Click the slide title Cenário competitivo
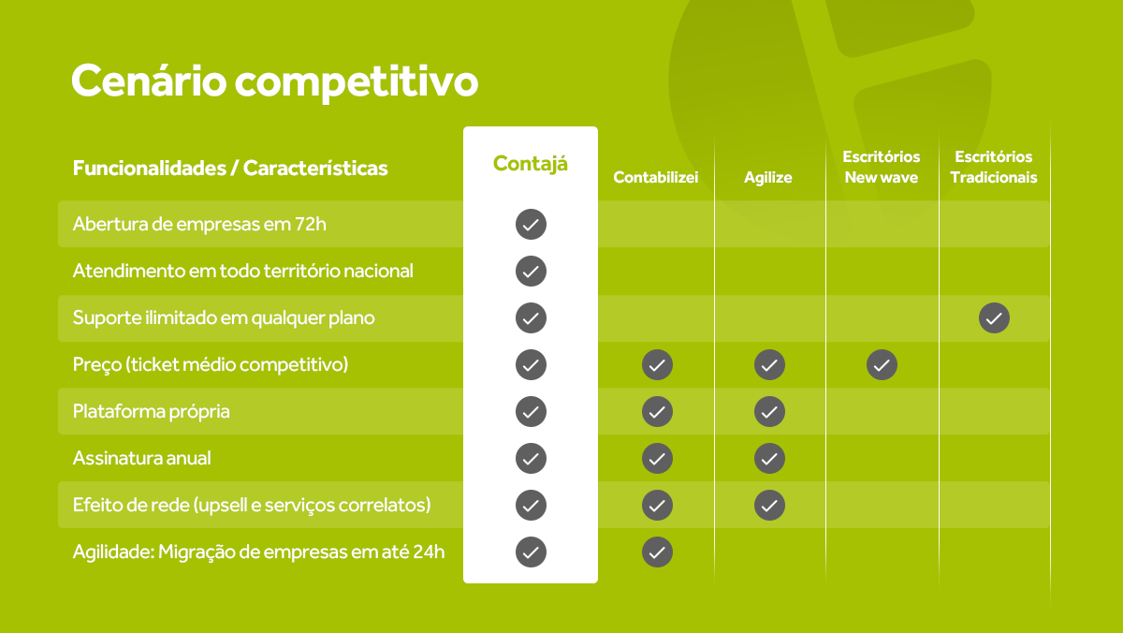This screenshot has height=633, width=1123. coord(274,81)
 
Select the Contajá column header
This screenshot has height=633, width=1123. coord(530,163)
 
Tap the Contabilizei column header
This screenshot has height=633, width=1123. coord(656,177)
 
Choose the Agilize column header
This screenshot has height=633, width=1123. coord(768,177)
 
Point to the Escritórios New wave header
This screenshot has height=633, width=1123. coord(881,167)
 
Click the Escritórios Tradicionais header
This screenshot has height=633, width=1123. coord(994,167)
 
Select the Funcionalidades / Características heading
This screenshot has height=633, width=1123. coord(230,169)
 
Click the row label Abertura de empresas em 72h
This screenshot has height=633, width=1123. coord(199,225)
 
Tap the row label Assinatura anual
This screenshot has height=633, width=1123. coord(142,458)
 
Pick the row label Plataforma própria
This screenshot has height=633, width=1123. coord(152,411)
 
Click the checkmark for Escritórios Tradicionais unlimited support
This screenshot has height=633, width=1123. coord(994,318)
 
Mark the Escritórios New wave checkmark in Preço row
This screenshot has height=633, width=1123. coord(882,364)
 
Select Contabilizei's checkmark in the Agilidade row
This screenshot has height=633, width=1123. coord(657,552)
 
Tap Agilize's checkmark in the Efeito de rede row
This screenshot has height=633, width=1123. coord(769,505)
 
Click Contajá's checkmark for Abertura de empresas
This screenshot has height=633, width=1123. coord(531,225)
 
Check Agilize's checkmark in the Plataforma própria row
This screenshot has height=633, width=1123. coord(769,411)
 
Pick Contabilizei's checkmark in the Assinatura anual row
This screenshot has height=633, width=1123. coord(657,458)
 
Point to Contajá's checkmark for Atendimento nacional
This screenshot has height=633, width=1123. coord(531,272)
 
